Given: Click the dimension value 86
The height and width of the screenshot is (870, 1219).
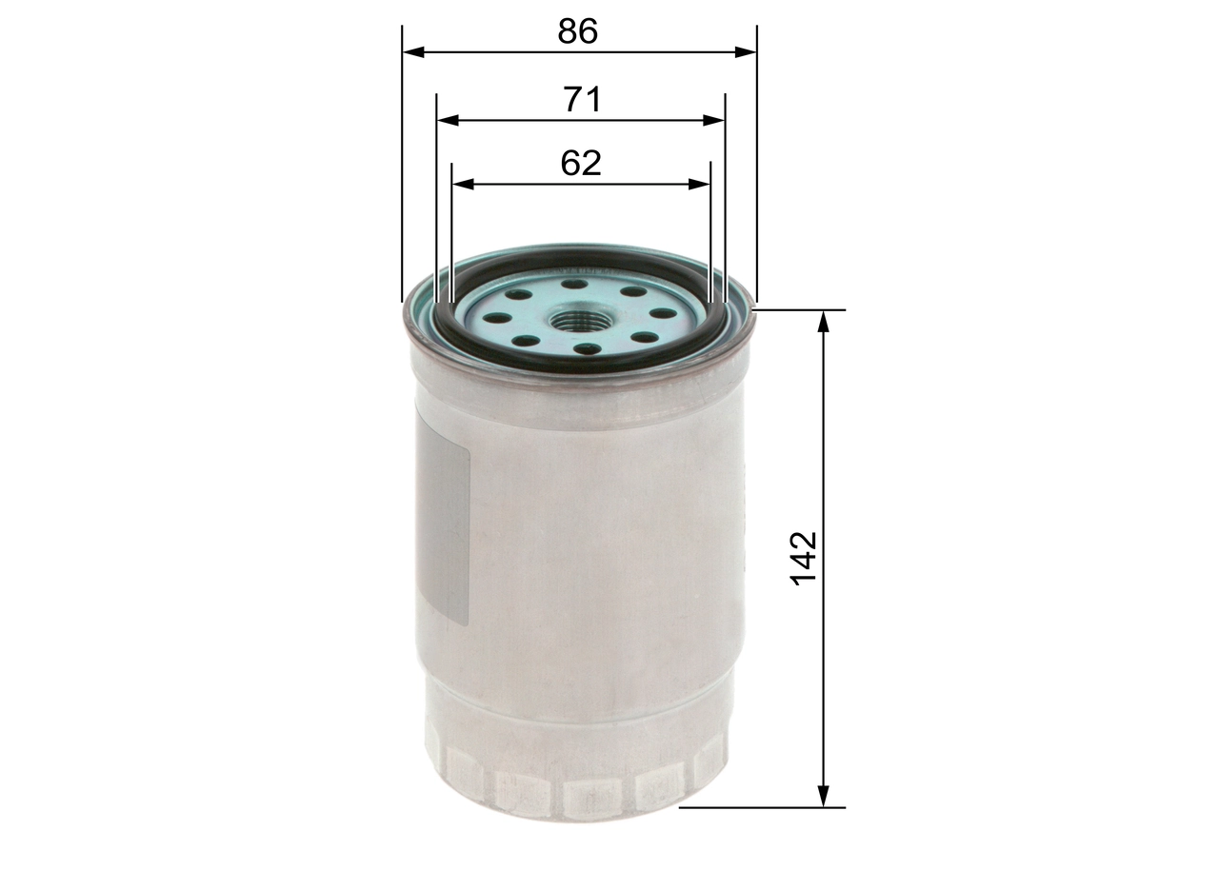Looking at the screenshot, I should (x=578, y=31).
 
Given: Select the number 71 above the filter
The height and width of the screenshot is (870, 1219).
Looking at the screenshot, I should (x=582, y=99).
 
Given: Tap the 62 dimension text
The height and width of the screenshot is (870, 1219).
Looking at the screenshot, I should (x=581, y=163).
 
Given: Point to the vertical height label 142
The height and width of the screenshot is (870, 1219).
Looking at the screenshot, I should (x=805, y=559).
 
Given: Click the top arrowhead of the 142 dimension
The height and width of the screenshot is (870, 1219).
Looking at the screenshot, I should (x=825, y=320).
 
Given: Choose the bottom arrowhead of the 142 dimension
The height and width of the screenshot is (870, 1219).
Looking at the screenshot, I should (x=825, y=798).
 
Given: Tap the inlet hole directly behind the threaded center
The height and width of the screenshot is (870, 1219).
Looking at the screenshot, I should (x=572, y=283).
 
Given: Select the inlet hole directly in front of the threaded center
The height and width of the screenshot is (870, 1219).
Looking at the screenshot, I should (x=588, y=350).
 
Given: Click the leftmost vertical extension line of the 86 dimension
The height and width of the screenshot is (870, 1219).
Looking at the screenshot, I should (x=403, y=162).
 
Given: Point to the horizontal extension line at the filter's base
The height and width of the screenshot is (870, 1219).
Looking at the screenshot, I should (x=762, y=807).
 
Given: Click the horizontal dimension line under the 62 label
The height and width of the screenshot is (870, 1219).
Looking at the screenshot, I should (x=581, y=184).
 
